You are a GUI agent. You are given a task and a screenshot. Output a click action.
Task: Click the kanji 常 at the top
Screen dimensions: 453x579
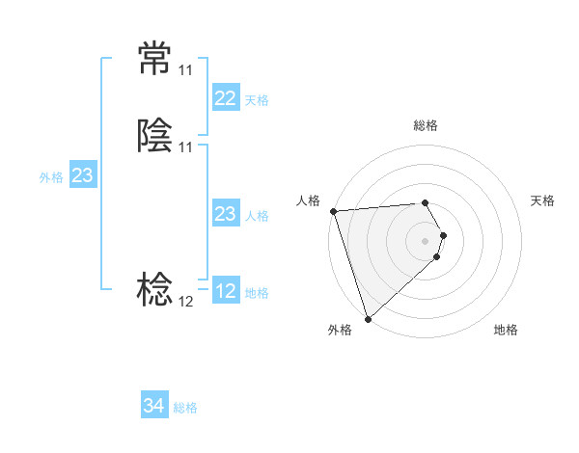click(x=154, y=61)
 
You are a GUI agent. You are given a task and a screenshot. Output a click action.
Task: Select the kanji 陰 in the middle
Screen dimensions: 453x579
click(x=154, y=138)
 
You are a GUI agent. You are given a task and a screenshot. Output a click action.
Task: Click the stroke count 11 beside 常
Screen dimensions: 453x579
click(x=185, y=70)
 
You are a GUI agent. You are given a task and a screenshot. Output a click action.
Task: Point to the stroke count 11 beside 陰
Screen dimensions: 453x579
click(x=185, y=147)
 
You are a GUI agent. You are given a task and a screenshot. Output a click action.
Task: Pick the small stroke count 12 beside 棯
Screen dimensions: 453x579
click(x=185, y=302)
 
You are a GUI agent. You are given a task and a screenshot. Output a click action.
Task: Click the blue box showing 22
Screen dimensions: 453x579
click(x=225, y=98)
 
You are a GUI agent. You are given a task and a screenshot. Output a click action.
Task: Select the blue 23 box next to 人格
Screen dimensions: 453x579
click(x=225, y=214)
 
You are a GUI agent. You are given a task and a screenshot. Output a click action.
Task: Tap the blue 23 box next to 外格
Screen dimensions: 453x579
click(x=82, y=175)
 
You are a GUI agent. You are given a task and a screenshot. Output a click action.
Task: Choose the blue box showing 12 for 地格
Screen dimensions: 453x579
click(x=225, y=291)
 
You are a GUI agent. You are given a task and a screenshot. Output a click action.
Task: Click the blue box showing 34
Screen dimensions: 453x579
click(x=153, y=406)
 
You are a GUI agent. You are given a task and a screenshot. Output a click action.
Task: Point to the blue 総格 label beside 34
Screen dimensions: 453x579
click(x=185, y=408)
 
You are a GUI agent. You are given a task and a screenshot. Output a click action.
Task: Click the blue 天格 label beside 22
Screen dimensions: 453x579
click(x=257, y=100)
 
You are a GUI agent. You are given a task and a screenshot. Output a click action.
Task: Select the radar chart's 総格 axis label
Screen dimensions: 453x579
click(x=426, y=125)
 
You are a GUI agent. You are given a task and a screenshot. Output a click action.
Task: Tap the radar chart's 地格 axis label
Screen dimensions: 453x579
click(x=506, y=330)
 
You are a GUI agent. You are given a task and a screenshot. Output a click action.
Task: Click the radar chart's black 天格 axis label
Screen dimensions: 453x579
click(x=542, y=200)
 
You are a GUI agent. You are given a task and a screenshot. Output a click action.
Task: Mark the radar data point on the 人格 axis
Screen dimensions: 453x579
click(x=333, y=211)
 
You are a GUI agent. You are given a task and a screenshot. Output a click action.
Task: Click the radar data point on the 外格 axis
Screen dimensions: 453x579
click(x=367, y=318)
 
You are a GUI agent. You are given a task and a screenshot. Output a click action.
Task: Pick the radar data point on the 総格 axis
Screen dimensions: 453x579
click(x=425, y=203)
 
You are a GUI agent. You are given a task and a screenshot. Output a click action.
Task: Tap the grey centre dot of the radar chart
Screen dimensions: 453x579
click(x=426, y=241)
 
